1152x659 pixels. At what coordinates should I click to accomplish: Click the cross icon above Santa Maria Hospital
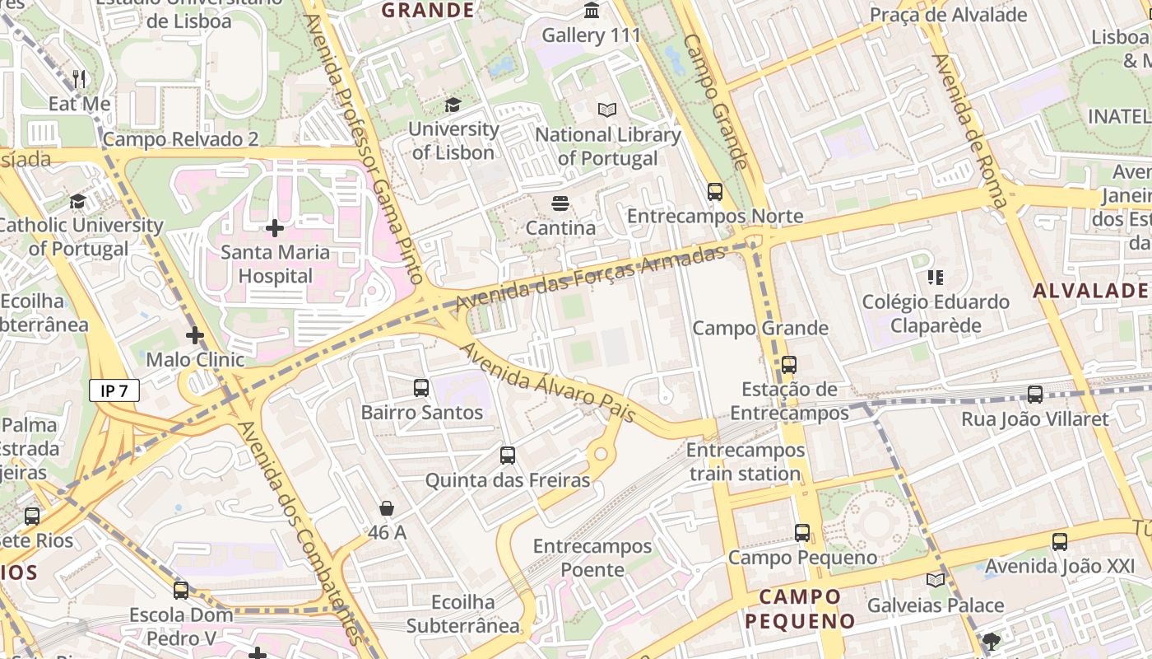tap(275, 228)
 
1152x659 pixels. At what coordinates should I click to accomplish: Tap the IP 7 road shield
tap(114, 390)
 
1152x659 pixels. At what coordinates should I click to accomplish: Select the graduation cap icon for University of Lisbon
tap(453, 105)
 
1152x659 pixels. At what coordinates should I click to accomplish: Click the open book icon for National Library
tap(607, 110)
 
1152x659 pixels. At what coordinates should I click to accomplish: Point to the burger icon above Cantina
tap(560, 203)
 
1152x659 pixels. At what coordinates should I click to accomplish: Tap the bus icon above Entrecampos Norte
tap(714, 192)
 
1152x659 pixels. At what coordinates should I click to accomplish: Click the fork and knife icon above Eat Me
tap(79, 79)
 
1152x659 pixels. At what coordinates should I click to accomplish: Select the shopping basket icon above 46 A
tap(387, 509)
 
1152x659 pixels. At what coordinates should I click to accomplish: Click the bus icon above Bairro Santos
tap(421, 387)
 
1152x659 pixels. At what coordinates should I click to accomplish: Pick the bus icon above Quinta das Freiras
tap(508, 456)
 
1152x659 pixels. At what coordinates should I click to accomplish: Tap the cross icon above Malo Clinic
tap(195, 335)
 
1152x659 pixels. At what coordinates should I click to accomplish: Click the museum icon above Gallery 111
tap(591, 11)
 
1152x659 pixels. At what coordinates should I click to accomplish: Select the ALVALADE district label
tap(1089, 290)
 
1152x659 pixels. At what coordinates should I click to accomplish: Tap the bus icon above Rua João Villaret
tap(1035, 395)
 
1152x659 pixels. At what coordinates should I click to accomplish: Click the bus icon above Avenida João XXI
tap(1059, 542)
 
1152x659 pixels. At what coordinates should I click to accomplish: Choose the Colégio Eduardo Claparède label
tap(936, 314)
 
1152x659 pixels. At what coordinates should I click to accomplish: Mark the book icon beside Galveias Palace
tap(936, 581)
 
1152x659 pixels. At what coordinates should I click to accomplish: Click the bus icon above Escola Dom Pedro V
tap(181, 591)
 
